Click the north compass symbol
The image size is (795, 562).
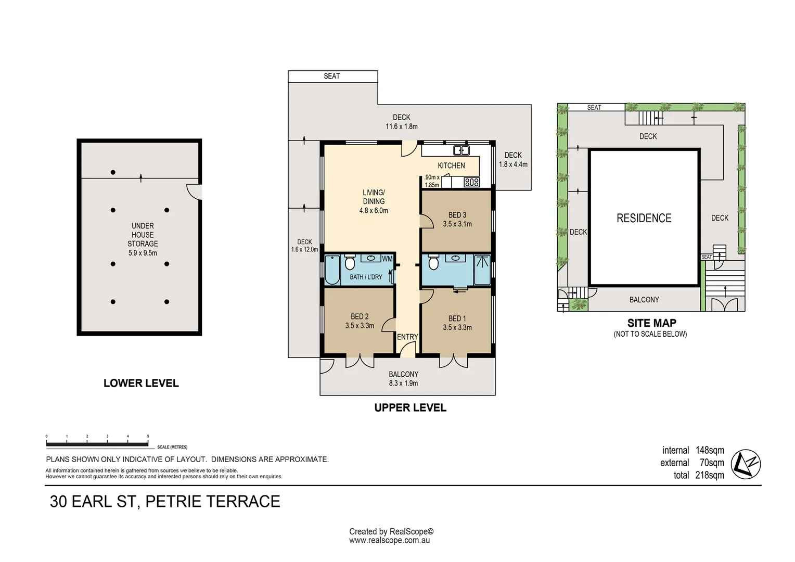point(746,464)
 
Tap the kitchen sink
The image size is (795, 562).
point(461,150)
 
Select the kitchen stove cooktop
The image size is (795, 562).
point(472,183)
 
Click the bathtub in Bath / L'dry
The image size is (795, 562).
point(332,270)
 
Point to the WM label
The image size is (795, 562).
point(387,259)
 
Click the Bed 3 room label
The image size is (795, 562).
point(457,215)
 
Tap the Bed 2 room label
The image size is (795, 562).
point(360,316)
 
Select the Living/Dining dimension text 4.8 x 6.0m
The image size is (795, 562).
point(374,211)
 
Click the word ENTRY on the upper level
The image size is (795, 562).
point(407,337)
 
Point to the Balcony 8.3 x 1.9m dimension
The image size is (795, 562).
point(404,383)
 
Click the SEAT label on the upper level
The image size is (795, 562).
point(332,76)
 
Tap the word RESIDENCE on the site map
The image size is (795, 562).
point(644,218)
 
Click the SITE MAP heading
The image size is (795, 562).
point(651,323)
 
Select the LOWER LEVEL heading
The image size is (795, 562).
point(141,383)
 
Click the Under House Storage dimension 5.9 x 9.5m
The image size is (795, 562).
point(143,253)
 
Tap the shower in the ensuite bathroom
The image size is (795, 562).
point(482,270)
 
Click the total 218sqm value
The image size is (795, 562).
point(710,475)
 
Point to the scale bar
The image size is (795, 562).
point(97,444)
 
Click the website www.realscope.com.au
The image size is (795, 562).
point(389,540)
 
